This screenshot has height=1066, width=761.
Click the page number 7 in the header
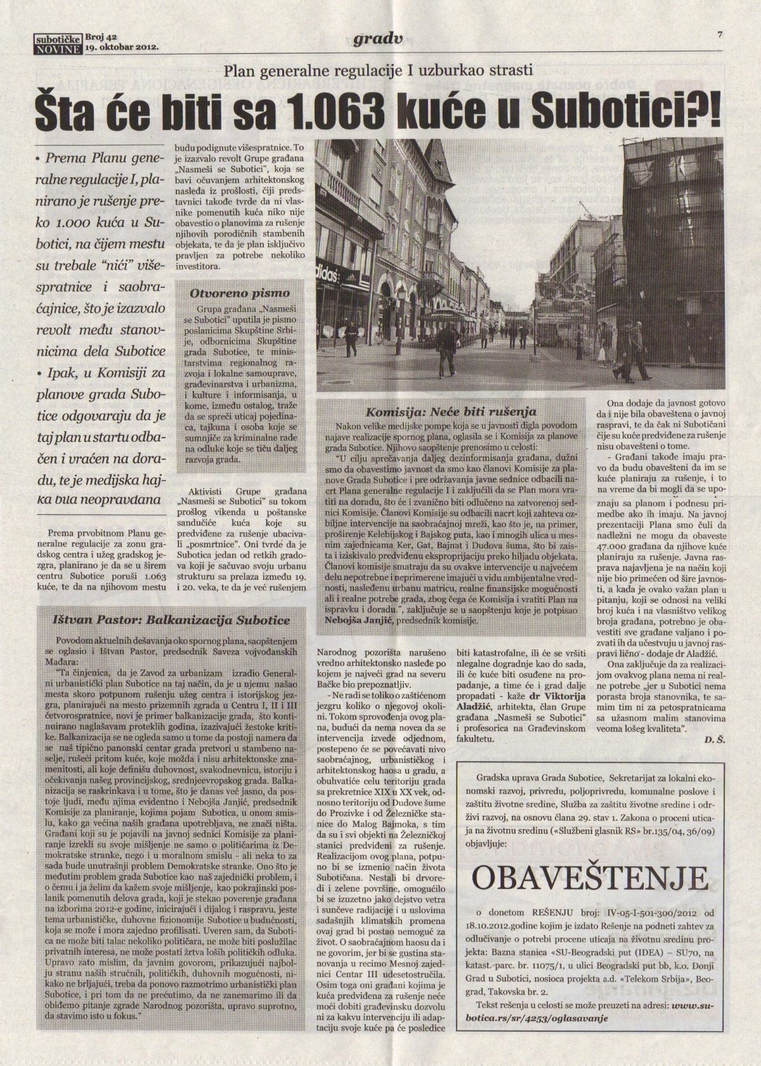tap(720, 36)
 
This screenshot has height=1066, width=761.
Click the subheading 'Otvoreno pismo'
tap(240, 293)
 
